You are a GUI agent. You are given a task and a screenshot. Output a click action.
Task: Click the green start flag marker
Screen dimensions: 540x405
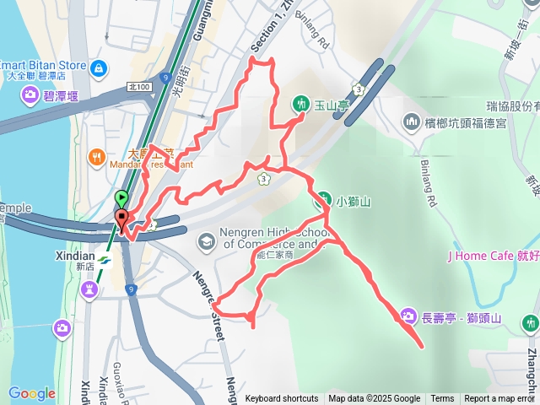[x=121, y=200]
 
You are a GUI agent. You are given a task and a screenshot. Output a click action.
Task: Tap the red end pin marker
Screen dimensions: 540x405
[x=121, y=221]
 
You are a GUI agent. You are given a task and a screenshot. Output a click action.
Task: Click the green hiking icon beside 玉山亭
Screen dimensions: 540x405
[x=301, y=105]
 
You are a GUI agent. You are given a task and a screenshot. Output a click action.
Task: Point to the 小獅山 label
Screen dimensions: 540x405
[x=354, y=202]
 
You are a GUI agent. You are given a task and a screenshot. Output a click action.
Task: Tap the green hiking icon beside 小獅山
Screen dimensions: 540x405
[x=322, y=201]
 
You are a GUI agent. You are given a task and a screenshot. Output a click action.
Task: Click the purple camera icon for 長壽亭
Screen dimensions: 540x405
[x=408, y=316]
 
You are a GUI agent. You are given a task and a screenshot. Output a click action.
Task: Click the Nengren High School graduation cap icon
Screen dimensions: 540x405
[x=206, y=243]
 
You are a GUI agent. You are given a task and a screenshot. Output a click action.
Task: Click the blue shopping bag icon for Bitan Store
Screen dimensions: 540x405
[x=100, y=66]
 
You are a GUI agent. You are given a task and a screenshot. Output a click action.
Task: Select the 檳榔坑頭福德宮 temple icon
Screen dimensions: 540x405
[x=412, y=122]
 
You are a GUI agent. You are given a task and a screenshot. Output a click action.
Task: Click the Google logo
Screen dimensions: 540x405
[x=31, y=393]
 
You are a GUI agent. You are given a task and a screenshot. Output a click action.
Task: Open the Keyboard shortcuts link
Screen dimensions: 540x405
[x=282, y=399]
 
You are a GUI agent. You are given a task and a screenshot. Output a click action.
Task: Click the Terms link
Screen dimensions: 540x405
[x=442, y=399]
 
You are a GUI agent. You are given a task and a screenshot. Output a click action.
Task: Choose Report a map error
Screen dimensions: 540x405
[x=500, y=399]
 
